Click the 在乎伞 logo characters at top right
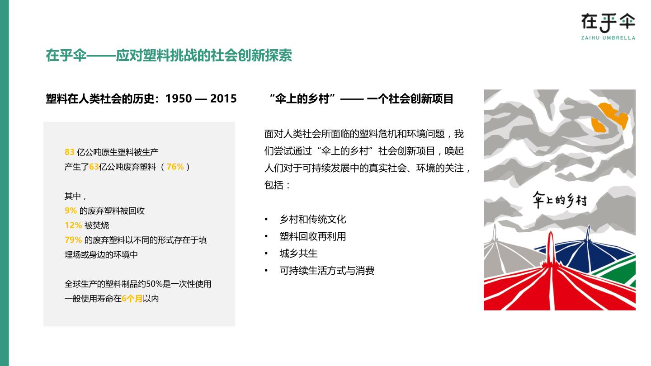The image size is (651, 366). click(x=608, y=23)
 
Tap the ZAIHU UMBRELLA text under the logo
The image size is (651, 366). click(x=608, y=38)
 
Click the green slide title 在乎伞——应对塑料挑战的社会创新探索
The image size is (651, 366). click(x=169, y=55)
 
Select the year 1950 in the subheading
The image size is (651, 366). click(x=179, y=99)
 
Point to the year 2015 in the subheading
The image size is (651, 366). click(x=223, y=99)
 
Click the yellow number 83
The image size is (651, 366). click(x=70, y=152)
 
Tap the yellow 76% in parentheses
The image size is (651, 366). click(x=175, y=167)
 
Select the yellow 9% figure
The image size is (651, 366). click(x=71, y=211)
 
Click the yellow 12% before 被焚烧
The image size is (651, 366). click(x=73, y=225)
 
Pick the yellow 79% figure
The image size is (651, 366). click(x=73, y=240)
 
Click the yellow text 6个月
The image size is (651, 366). click(x=132, y=299)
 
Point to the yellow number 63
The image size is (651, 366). click(x=94, y=167)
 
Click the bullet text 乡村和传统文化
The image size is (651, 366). click(x=313, y=219)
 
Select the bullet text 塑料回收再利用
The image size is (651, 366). click(x=313, y=236)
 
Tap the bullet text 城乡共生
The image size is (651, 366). click(x=298, y=253)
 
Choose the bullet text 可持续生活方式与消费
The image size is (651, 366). click(x=327, y=271)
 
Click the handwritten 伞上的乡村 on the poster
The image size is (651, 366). click(x=560, y=200)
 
